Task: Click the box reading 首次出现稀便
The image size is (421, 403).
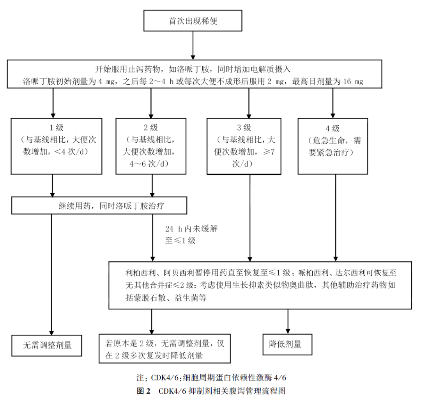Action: pos(193,21)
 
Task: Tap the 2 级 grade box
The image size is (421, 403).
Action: pos(150,146)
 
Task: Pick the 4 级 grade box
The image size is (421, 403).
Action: pos(333,146)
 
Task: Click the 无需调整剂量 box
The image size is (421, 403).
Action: pos(48,345)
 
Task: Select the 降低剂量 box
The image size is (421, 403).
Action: pos(288,344)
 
